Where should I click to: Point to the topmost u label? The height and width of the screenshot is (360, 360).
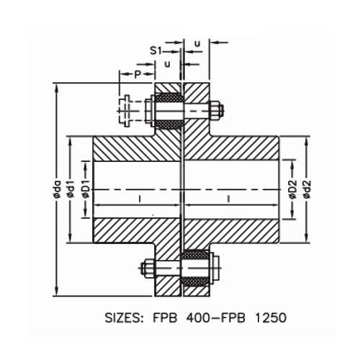pos(197,44)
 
